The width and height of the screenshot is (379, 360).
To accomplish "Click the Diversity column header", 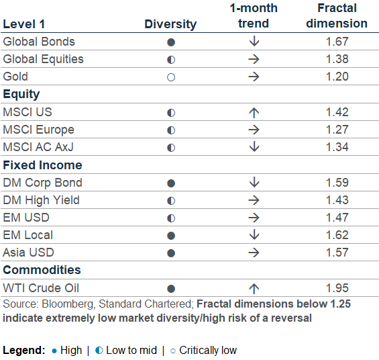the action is (x=170, y=24).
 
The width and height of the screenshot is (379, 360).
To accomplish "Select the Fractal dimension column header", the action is (x=337, y=15).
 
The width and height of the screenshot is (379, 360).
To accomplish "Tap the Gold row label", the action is (x=15, y=77).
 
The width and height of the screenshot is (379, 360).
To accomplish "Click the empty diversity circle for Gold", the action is (x=171, y=77).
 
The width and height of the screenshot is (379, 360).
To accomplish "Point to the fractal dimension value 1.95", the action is (x=337, y=288).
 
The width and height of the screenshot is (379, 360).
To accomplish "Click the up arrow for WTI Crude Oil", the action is (x=254, y=289).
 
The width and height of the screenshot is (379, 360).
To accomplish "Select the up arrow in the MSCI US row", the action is (x=254, y=113).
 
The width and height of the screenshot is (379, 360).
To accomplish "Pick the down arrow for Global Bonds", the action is (x=254, y=42).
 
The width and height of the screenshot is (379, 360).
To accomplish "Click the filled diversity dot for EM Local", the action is (x=171, y=236).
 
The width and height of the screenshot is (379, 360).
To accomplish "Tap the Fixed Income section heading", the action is (x=42, y=165).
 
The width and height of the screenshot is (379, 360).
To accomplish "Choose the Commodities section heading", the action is (x=42, y=270).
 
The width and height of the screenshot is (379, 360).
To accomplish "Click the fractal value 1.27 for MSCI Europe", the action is (x=337, y=130).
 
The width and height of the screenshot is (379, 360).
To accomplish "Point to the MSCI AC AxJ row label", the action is (x=38, y=147).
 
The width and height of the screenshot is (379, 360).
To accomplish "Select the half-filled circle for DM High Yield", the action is (x=171, y=201).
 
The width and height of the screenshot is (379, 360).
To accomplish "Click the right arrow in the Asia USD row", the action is (x=254, y=253).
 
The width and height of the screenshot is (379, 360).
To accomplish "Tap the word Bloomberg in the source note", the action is (x=68, y=304).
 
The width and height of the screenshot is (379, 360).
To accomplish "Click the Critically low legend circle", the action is (x=173, y=351).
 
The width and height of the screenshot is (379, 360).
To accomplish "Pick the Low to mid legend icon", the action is (x=99, y=351).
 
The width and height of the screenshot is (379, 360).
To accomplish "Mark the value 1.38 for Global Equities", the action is (x=337, y=59).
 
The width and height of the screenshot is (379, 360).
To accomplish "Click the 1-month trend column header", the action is (x=254, y=15).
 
